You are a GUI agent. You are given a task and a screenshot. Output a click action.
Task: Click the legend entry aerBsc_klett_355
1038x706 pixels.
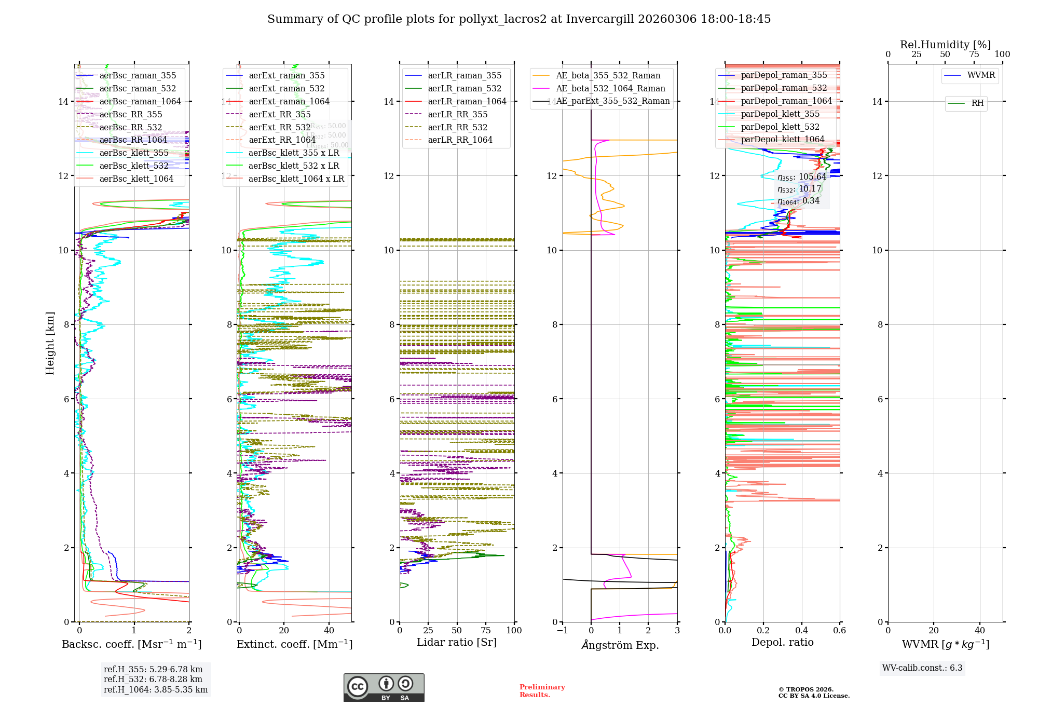pyautogui.click(x=134, y=153)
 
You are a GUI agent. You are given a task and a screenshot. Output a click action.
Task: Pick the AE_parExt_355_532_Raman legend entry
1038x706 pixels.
pyautogui.click(x=612, y=101)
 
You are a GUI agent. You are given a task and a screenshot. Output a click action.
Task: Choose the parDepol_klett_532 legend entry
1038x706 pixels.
pyautogui.click(x=780, y=127)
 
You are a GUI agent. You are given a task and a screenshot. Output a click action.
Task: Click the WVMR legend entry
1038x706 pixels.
pyautogui.click(x=981, y=75)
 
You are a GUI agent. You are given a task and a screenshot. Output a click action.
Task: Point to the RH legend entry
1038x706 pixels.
pyautogui.click(x=977, y=103)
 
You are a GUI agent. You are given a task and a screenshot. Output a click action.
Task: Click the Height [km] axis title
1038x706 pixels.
pyautogui.click(x=50, y=343)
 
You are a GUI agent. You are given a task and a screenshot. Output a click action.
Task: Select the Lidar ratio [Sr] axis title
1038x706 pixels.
pyautogui.click(x=457, y=642)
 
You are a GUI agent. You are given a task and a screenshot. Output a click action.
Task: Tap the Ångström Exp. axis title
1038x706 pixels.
pyautogui.click(x=620, y=645)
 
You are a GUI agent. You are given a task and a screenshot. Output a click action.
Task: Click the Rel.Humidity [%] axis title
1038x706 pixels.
pyautogui.click(x=945, y=45)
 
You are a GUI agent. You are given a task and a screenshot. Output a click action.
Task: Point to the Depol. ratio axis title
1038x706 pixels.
pyautogui.click(x=782, y=642)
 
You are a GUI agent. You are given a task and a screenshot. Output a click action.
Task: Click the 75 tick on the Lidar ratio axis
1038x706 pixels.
pyautogui.click(x=486, y=630)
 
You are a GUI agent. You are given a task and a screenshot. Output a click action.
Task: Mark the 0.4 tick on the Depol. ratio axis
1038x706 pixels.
pyautogui.click(x=801, y=630)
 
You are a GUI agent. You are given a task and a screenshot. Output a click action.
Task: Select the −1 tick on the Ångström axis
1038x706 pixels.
pyautogui.click(x=563, y=630)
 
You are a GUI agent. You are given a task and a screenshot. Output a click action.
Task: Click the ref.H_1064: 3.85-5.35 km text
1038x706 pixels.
pyautogui.click(x=156, y=690)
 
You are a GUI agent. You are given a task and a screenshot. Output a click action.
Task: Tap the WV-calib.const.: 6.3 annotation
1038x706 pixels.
pyautogui.click(x=922, y=668)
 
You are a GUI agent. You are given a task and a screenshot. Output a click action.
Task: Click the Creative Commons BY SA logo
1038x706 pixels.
pyautogui.click(x=384, y=688)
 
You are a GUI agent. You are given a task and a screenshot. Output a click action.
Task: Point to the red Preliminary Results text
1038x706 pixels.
pyautogui.click(x=542, y=691)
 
